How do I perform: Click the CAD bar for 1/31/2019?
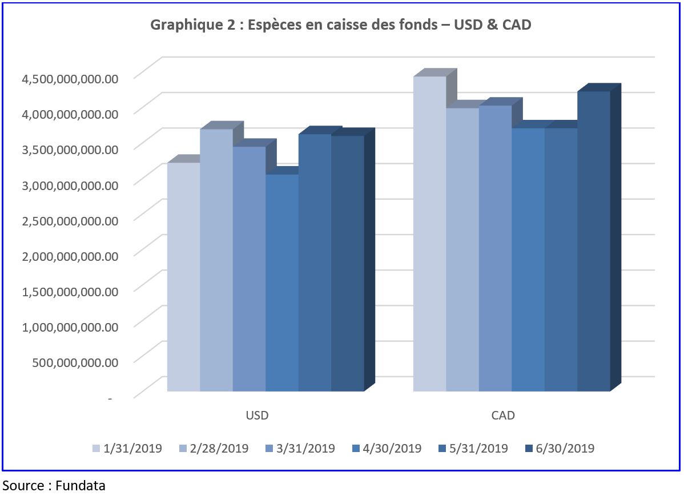pyautogui.click(x=430, y=234)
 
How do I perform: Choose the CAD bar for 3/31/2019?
pyautogui.click(x=496, y=248)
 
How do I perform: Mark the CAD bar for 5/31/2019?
pyautogui.click(x=561, y=260)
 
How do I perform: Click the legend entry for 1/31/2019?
pyautogui.click(x=127, y=448)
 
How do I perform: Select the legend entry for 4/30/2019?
pyautogui.click(x=387, y=448)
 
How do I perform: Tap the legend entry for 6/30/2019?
pyautogui.click(x=560, y=448)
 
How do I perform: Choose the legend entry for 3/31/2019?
pyautogui.click(x=300, y=448)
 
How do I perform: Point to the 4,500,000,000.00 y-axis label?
pyautogui.click(x=70, y=78)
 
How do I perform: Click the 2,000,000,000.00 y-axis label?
pyautogui.click(x=70, y=255)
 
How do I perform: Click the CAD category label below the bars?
pyautogui.click(x=503, y=415)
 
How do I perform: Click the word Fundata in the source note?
pyautogui.click(x=81, y=486)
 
